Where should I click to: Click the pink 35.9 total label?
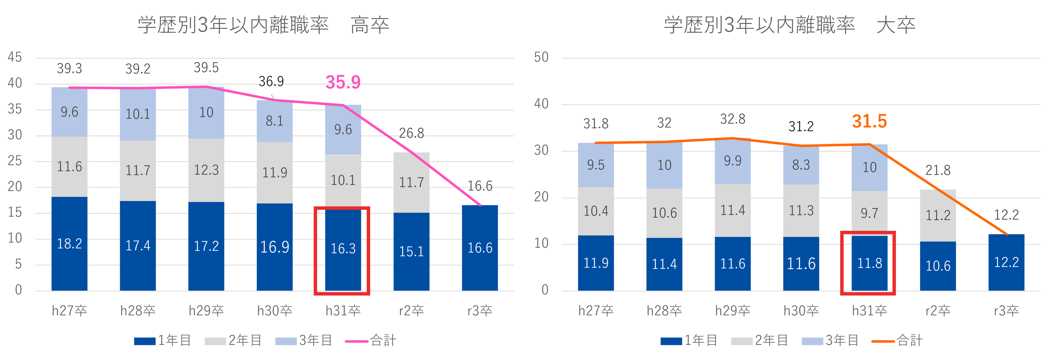tap(343, 83)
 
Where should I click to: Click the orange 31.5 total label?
tap(869, 121)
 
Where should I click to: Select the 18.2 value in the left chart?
tap(69, 244)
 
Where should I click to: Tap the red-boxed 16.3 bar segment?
tap(343, 249)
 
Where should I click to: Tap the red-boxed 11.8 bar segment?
tap(869, 263)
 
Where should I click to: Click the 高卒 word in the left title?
tap(370, 25)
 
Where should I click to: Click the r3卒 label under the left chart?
tap(480, 311)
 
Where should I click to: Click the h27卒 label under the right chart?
tap(596, 311)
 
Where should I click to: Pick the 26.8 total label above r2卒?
tap(411, 133)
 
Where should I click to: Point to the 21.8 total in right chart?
tap(938, 170)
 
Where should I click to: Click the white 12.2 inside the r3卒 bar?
tap(1006, 262)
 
